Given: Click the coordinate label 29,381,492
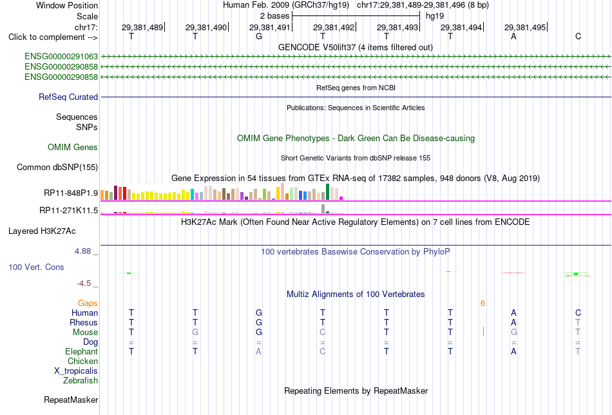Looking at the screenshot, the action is tap(334, 27).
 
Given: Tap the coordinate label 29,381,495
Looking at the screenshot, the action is tap(525, 27).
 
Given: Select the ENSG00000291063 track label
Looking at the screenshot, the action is tap(61, 57).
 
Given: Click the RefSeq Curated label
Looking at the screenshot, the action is tap(68, 97).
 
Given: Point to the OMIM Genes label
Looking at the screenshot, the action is tap(73, 147).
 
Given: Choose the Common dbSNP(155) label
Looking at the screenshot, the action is tap(57, 167).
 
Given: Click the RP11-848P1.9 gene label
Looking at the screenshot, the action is tap(71, 193).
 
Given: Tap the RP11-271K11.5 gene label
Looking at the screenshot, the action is tap(69, 211).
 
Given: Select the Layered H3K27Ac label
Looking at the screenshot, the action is tap(42, 231).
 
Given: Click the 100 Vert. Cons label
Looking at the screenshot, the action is tap(36, 267).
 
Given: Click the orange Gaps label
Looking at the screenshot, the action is tap(88, 303).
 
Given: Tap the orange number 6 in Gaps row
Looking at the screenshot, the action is tap(483, 304).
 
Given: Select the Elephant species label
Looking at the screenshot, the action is tap(82, 351).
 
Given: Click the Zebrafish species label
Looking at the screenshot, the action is tap(81, 380).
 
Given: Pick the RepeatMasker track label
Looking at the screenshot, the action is tap(71, 400).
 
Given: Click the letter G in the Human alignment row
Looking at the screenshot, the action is tap(259, 313).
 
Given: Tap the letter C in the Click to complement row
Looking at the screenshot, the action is tap(578, 36).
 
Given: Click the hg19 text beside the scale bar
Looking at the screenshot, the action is tap(435, 16).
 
